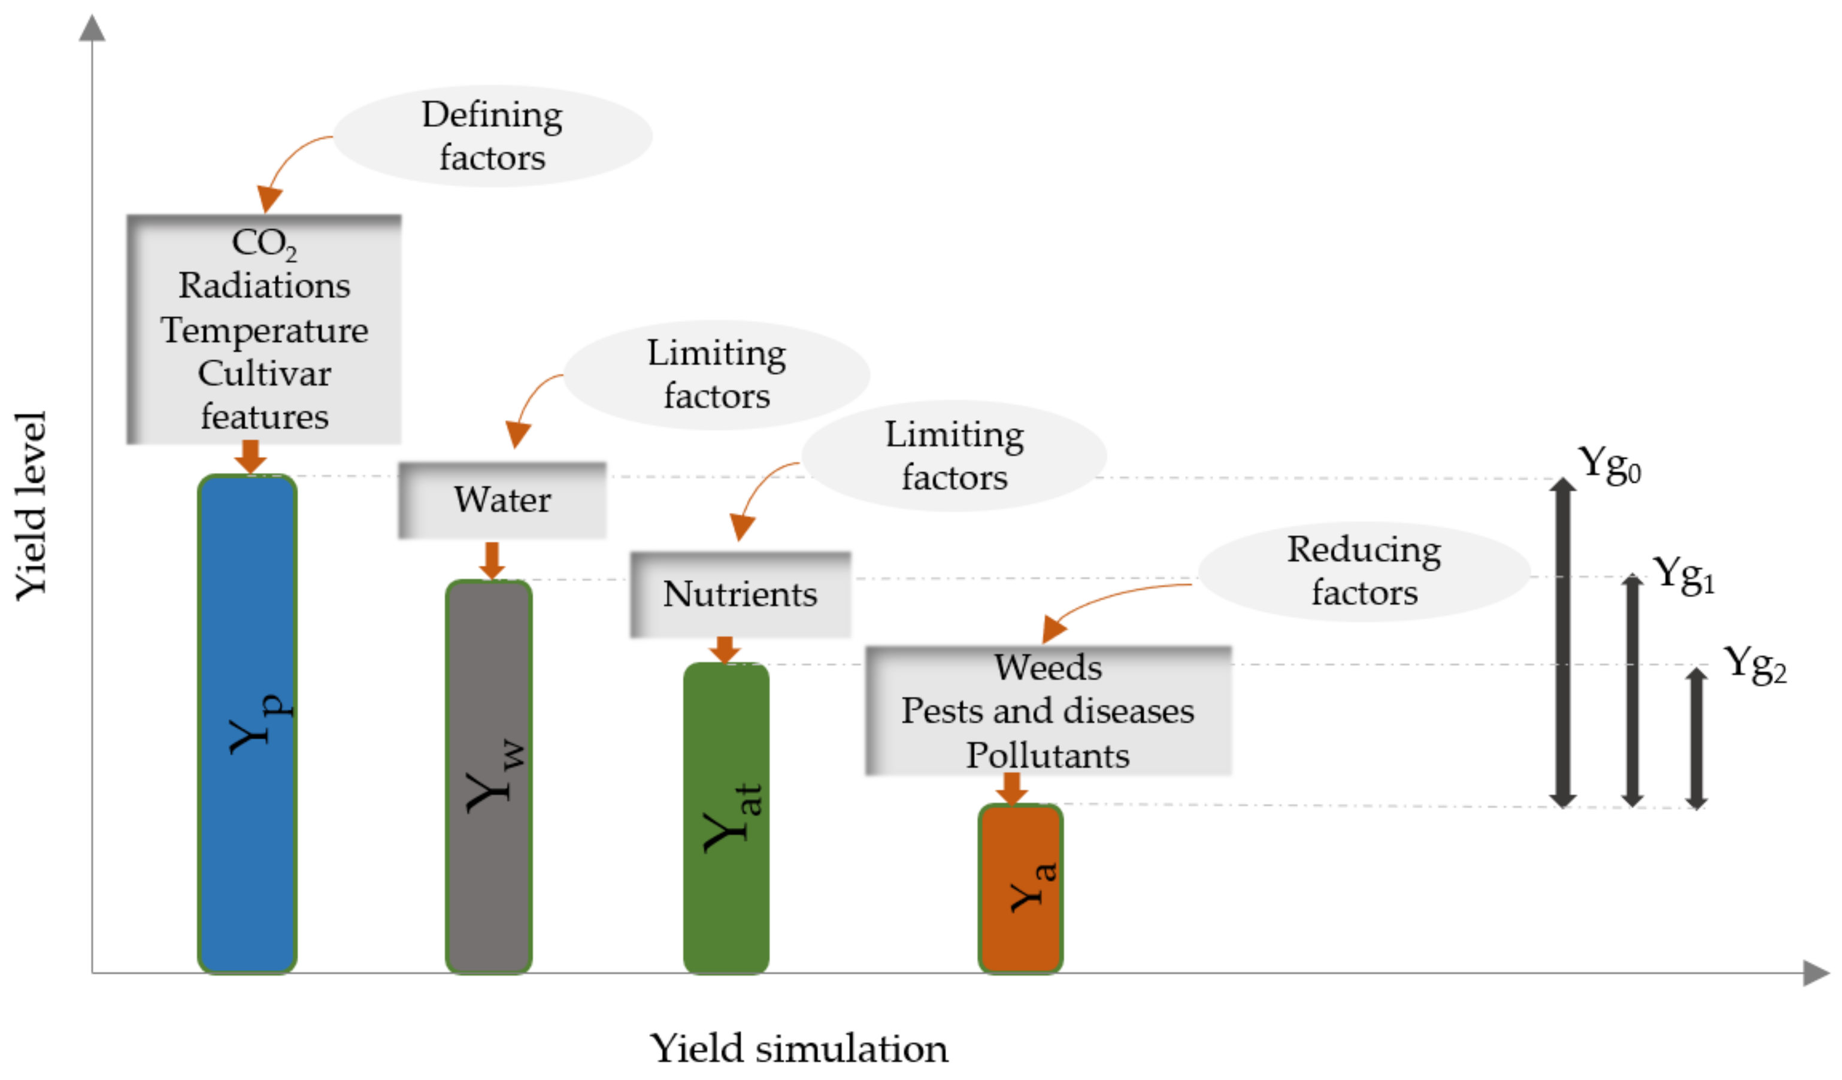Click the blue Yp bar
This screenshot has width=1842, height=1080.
247,723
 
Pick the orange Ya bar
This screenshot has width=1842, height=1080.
1020,888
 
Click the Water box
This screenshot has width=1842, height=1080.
502,500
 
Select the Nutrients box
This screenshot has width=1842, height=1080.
740,594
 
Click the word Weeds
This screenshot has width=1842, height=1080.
1047,667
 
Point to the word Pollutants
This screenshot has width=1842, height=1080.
1047,755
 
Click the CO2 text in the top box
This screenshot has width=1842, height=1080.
263,243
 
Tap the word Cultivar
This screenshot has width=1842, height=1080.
264,374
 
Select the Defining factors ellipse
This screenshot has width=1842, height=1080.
492,136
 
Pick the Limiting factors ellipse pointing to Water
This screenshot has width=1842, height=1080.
716,374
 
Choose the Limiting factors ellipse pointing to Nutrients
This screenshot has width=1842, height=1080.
954,455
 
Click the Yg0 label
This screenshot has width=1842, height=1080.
1608,464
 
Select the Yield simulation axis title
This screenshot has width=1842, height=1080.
798,1048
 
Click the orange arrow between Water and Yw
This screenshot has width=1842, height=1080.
492,560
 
